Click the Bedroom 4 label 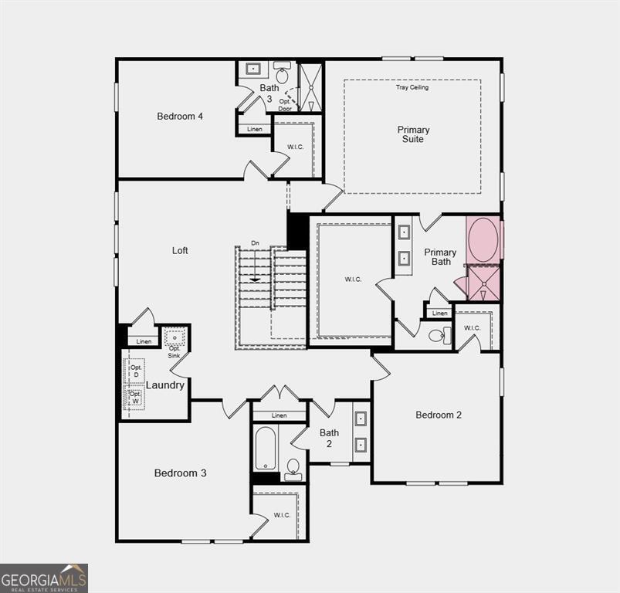click(x=180, y=117)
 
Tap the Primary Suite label click(x=413, y=134)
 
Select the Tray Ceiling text click(x=412, y=87)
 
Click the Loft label click(x=180, y=250)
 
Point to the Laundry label click(x=165, y=385)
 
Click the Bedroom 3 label click(x=180, y=473)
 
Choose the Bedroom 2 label click(x=439, y=415)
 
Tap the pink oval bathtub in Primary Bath click(x=484, y=239)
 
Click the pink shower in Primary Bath click(x=484, y=283)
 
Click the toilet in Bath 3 click(x=282, y=75)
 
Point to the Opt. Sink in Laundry click(x=174, y=337)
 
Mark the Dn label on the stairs click(x=255, y=244)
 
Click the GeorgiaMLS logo click(x=44, y=578)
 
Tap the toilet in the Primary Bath click(x=437, y=335)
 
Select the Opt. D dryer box click(x=136, y=371)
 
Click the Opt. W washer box click(x=136, y=398)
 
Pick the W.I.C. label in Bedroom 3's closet click(x=282, y=515)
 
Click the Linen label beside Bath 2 click(x=279, y=415)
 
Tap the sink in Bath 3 click(x=252, y=69)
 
